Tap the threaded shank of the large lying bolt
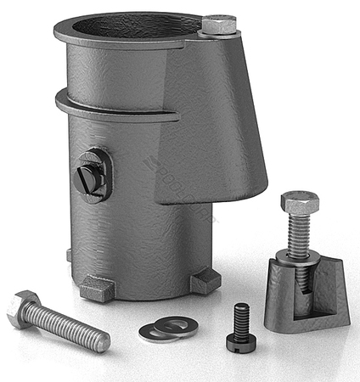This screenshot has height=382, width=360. pos(68,326)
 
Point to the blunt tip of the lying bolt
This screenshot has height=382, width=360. pos(104,342)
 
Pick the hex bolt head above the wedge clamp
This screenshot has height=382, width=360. pos(299,204)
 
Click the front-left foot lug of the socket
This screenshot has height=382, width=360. pos(97,289)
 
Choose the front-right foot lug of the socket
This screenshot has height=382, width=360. pos(205,279)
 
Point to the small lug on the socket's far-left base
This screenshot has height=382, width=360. pos(69,255)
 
